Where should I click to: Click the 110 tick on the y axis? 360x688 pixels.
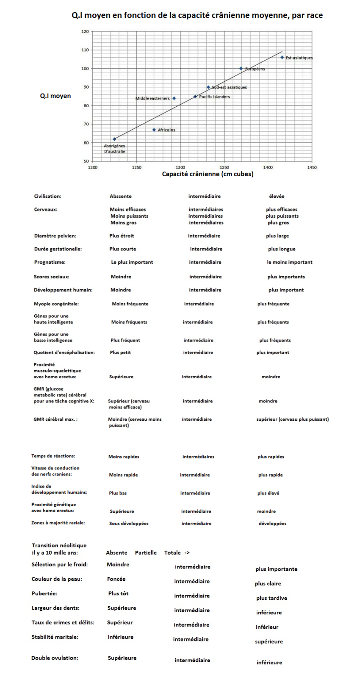tap(85, 50)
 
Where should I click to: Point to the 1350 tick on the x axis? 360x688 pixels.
tap(224, 167)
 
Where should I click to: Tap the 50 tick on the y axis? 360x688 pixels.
tap(86, 161)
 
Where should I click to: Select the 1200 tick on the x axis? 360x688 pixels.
tap(92, 167)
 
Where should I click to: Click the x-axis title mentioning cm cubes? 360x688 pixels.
tap(208, 174)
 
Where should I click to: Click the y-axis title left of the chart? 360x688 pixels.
tap(55, 96)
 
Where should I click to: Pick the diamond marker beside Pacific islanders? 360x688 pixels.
tap(195, 97)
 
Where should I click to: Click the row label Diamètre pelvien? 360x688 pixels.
tap(55, 236)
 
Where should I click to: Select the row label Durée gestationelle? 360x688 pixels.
tap(58, 249)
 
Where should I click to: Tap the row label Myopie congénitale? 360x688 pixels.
tap(56, 304)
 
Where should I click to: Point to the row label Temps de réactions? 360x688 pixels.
tap(53, 456)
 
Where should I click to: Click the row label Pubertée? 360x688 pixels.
tap(44, 594)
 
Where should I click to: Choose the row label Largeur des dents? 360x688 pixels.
tap(55, 608)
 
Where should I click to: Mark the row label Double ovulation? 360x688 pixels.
tap(55, 658)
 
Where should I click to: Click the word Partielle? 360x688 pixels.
tap(146, 552)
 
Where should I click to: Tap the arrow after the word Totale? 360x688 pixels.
tap(187, 552)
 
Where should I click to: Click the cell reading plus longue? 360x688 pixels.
tap(282, 249)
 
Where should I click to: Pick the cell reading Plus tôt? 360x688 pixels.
tap(118, 594)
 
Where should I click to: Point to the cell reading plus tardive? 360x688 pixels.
tap(271, 598)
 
